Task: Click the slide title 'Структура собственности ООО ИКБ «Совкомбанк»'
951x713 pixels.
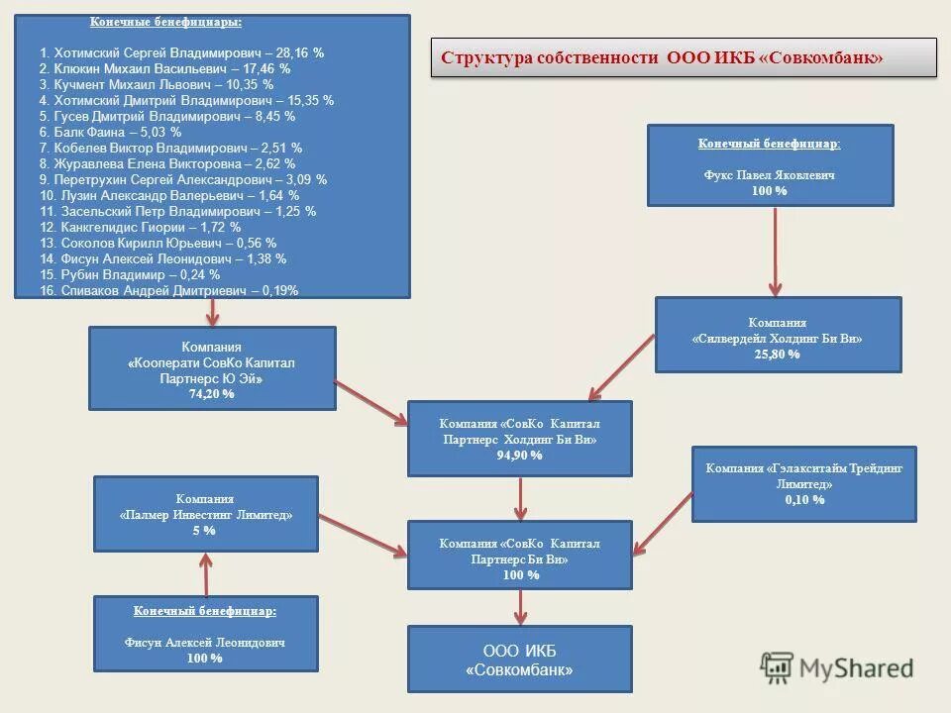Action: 662,58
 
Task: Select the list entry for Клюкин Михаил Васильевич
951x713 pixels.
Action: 164,68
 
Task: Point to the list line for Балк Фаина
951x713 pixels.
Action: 110,132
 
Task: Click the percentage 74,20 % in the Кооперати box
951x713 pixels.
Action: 212,393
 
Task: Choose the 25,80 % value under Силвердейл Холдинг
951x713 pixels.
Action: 778,354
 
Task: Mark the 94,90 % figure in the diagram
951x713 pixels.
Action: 520,455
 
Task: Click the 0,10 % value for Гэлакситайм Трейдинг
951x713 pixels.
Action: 804,500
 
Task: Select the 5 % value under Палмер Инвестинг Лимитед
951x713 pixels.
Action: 205,530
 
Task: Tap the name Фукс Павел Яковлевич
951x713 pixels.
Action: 770,174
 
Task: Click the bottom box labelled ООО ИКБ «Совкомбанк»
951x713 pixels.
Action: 520,660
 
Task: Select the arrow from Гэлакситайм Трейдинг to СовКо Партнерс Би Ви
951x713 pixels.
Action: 663,523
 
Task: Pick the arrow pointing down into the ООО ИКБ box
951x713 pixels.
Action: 520,606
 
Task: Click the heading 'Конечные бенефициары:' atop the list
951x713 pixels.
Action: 165,22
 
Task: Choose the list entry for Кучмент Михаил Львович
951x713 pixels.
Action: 156,84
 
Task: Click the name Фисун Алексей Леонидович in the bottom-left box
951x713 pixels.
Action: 205,642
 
